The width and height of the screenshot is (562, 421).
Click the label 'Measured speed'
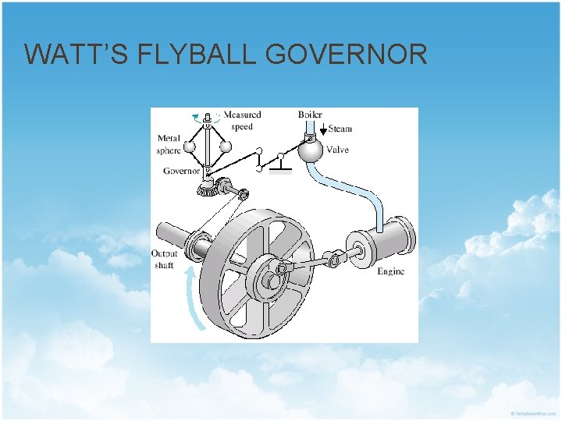pyautogui.click(x=242, y=120)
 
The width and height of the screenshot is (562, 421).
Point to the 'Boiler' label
pyautogui.click(x=310, y=115)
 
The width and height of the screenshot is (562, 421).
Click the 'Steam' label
pyautogui.click(x=340, y=129)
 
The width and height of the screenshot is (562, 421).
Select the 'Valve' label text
pyautogui.click(x=338, y=150)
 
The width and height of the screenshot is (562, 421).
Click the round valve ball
pyautogui.click(x=311, y=151)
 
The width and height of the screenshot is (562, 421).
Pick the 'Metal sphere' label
pyautogui.click(x=169, y=144)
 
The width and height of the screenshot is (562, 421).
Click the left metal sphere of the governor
pyautogui.click(x=190, y=146)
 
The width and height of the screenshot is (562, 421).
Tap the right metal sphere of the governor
pyautogui.click(x=226, y=145)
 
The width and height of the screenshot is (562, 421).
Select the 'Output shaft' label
pyautogui.click(x=165, y=259)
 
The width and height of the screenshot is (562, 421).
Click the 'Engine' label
pyautogui.click(x=390, y=271)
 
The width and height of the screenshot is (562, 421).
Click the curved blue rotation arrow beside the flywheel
pyautogui.click(x=191, y=296)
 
